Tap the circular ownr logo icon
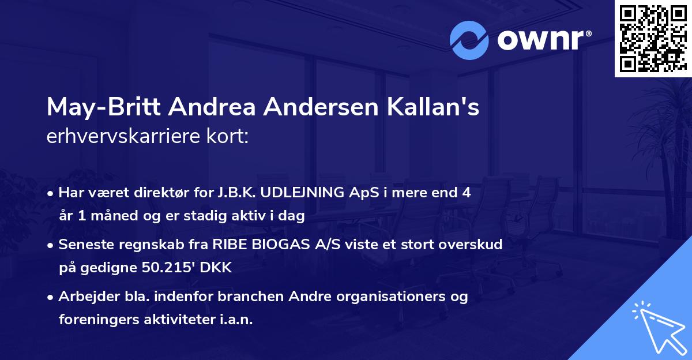pyautogui.click(x=469, y=40)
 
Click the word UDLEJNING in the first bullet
pyautogui.click(x=303, y=193)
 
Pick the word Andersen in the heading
pyautogui.click(x=327, y=108)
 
